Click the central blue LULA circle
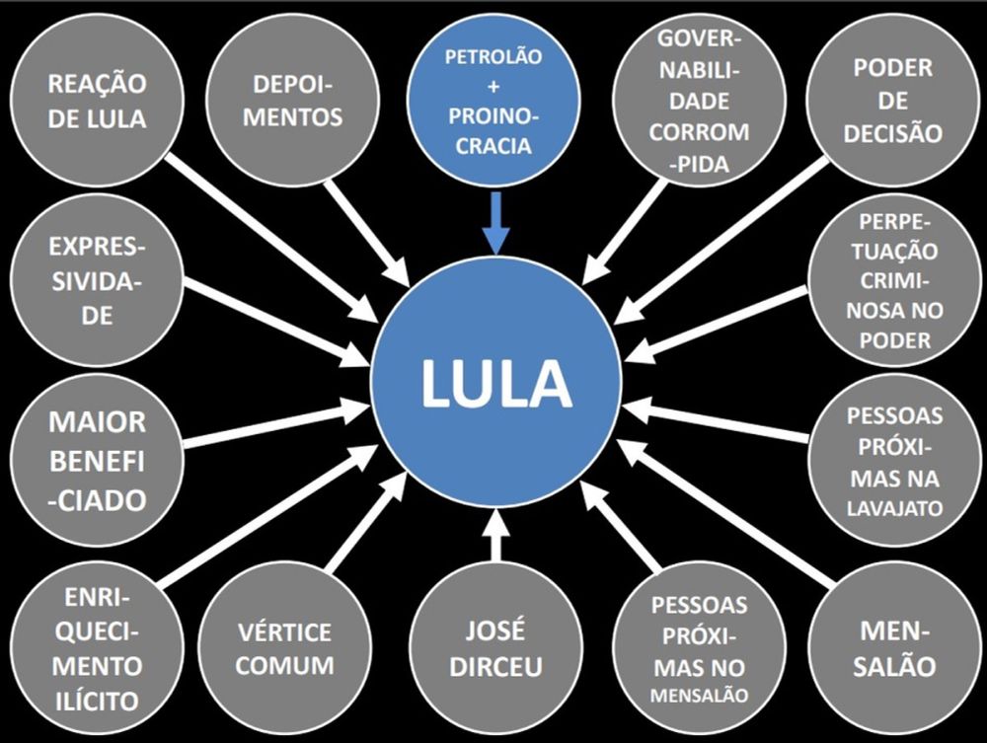point(495,381)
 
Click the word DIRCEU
point(495,666)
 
